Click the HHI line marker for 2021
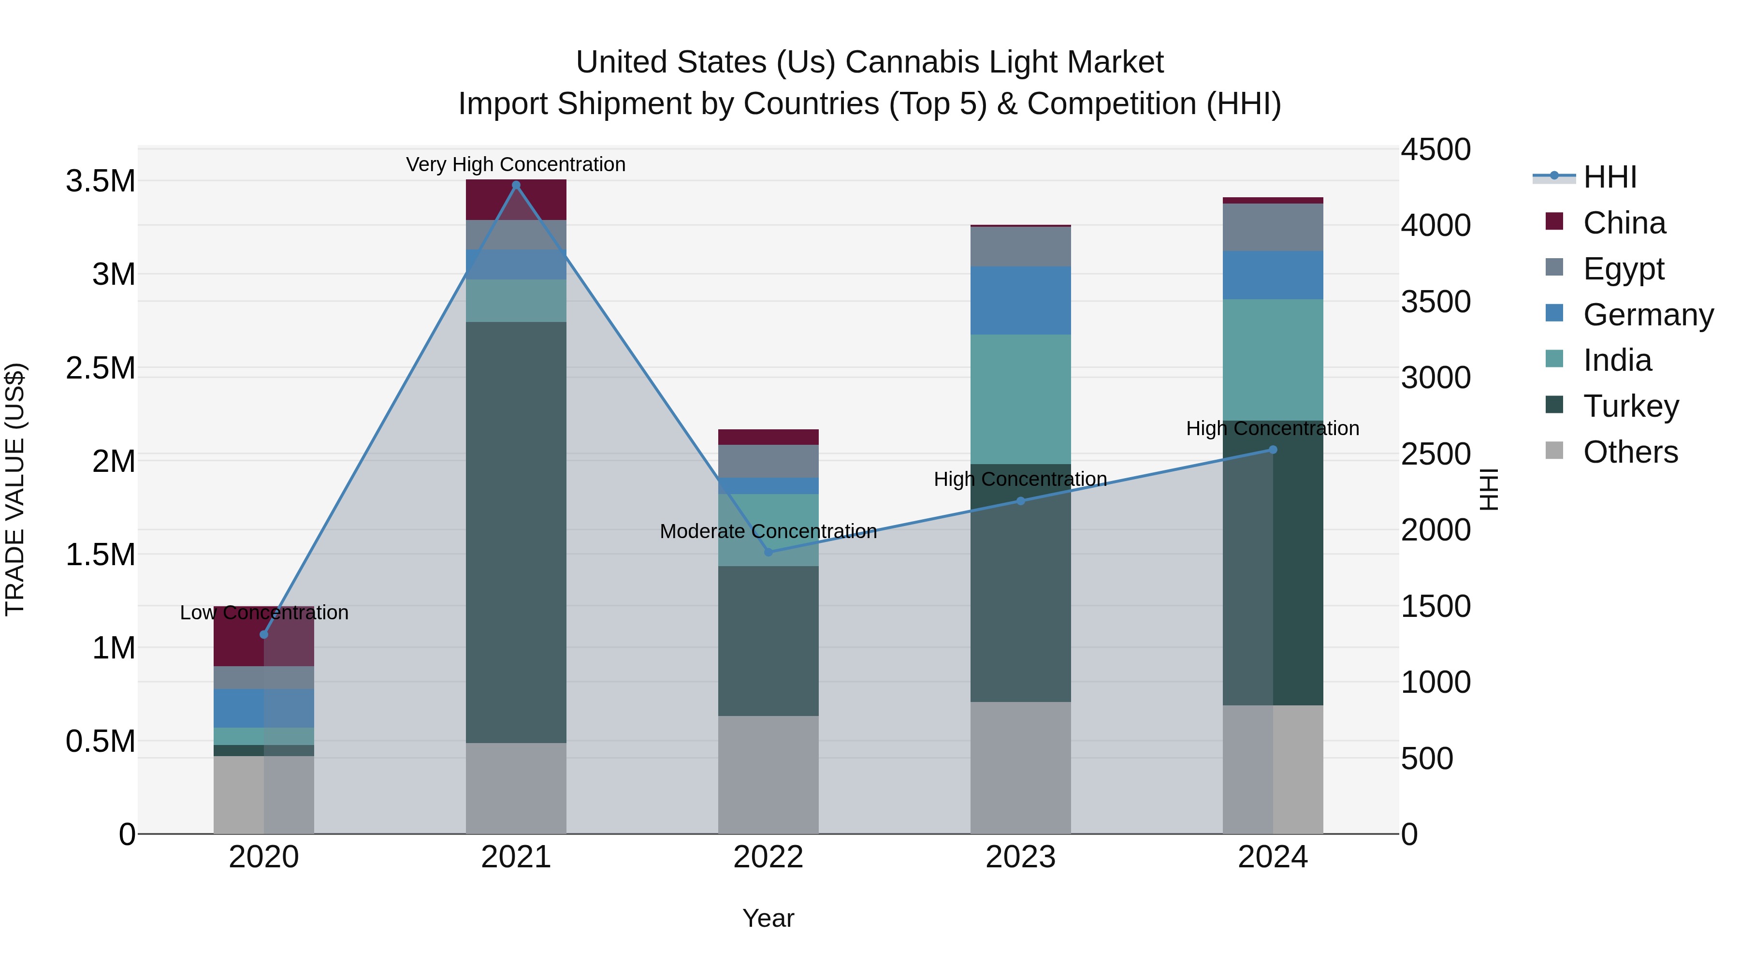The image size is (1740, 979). pyautogui.click(x=516, y=185)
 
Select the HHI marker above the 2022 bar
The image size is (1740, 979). pyautogui.click(x=768, y=552)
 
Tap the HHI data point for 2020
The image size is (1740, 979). pyautogui.click(x=264, y=634)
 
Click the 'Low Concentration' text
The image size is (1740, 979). pyautogui.click(x=264, y=613)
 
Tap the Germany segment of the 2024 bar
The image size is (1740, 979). pyautogui.click(x=1273, y=275)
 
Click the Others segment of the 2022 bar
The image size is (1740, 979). pyautogui.click(x=768, y=774)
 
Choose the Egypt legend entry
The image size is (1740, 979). pyautogui.click(x=1623, y=268)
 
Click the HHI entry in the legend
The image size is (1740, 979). pyautogui.click(x=1609, y=177)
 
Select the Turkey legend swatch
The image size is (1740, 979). pyautogui.click(x=1554, y=405)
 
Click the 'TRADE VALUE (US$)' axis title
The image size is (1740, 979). pyautogui.click(x=15, y=489)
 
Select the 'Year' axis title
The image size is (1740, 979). pyautogui.click(x=768, y=918)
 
